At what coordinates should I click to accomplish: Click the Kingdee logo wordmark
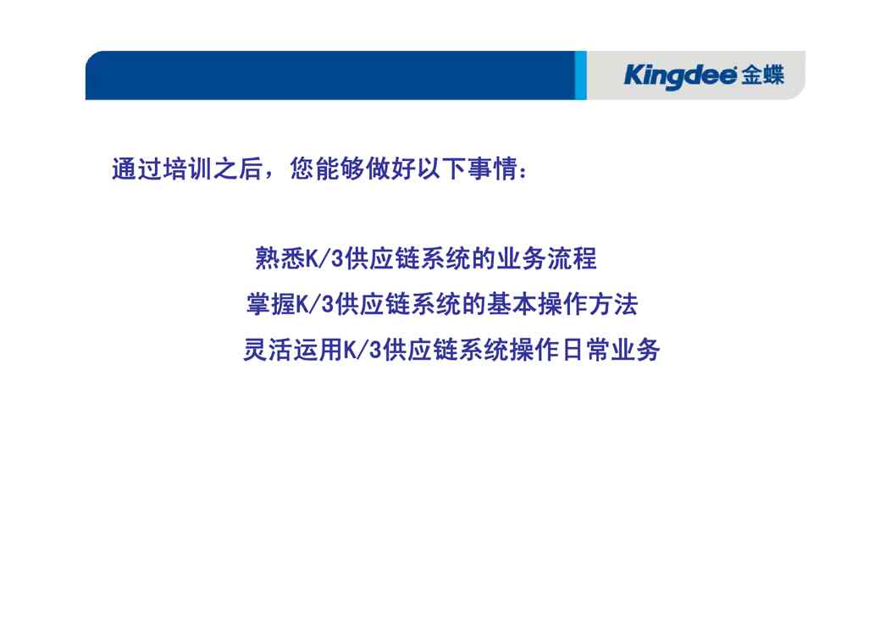[x=680, y=75]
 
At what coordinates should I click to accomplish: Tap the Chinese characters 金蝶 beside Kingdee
[x=762, y=75]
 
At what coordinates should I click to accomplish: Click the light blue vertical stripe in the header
[x=580, y=75]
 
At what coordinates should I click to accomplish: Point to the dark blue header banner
[x=330, y=75]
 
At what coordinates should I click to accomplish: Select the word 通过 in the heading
[x=137, y=169]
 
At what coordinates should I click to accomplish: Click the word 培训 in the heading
[x=187, y=169]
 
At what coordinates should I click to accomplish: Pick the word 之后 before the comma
[x=238, y=169]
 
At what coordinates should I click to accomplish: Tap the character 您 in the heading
[x=302, y=169]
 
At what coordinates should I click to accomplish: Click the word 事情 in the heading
[x=493, y=169]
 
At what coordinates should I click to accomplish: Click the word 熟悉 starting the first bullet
[x=280, y=258]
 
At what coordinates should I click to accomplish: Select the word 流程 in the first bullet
[x=572, y=258]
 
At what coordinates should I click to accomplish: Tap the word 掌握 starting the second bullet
[x=271, y=304]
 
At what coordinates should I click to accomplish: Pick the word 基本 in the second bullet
[x=512, y=304]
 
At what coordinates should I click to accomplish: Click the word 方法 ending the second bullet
[x=613, y=304]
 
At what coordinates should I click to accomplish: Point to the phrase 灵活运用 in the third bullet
[x=293, y=350]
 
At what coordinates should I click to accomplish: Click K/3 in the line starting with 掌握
[x=315, y=305]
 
